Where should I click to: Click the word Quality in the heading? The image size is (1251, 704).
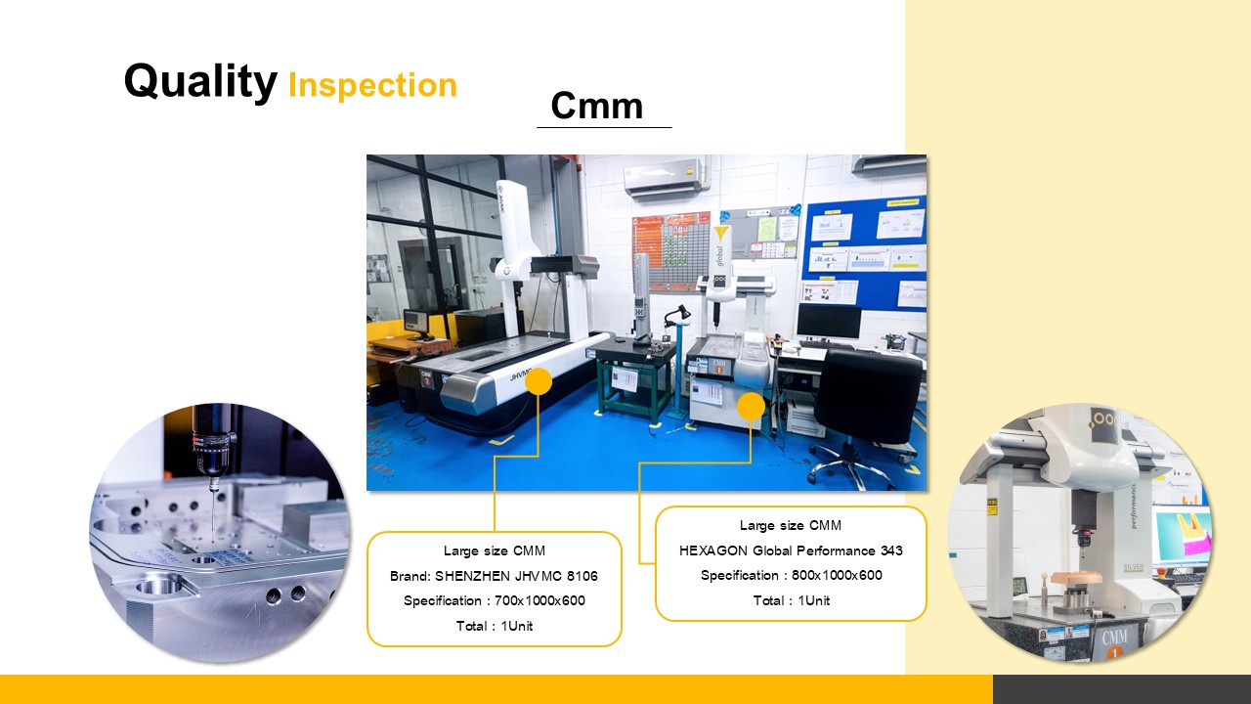tap(200, 81)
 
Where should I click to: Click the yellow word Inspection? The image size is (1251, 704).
tap(372, 85)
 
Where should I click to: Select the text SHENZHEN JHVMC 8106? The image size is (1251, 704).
tap(516, 576)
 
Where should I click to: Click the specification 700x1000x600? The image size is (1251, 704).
tap(539, 600)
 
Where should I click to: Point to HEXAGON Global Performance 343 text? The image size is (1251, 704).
tap(791, 550)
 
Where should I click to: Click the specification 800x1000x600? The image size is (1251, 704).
tap(837, 576)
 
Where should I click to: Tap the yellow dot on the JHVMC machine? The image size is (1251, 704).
tap(539, 381)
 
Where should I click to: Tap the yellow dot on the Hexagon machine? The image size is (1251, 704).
tap(751, 406)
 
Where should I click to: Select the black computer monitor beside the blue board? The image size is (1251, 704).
tap(829, 321)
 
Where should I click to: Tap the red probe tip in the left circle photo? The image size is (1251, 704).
tap(213, 541)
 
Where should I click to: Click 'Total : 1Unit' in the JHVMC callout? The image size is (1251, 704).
tap(495, 626)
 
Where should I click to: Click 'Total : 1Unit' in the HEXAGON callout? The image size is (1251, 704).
tap(792, 600)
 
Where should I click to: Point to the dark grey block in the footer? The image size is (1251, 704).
tap(1122, 689)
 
